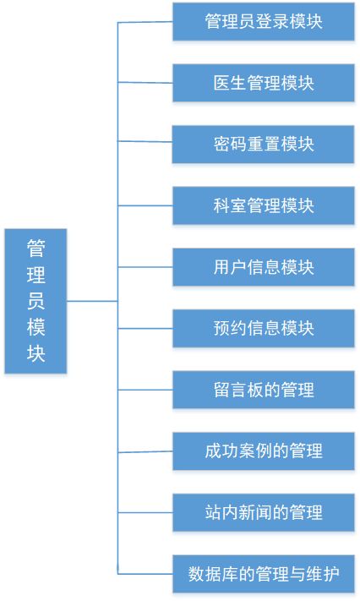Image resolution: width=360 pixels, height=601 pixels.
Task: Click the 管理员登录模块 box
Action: click(264, 21)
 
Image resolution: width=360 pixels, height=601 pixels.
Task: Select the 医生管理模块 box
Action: click(264, 83)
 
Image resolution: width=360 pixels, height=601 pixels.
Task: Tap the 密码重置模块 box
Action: click(263, 144)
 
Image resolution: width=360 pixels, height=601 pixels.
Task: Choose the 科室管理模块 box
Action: click(264, 205)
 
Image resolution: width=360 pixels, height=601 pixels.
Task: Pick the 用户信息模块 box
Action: click(264, 267)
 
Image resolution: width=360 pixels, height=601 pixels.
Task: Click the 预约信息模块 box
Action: click(264, 329)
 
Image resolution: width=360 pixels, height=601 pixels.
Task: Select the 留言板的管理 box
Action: click(264, 390)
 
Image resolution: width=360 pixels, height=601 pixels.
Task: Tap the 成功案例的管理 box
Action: click(264, 451)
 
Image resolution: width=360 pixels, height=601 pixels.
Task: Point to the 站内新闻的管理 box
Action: click(264, 512)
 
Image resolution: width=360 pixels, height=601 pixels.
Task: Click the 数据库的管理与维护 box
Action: click(264, 574)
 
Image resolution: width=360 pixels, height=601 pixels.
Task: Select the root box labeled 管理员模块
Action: click(35, 301)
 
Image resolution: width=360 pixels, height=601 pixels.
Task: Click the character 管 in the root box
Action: click(36, 249)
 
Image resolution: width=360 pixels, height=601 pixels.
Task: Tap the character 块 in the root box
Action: click(36, 352)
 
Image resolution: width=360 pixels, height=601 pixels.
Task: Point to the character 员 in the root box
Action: click(36, 301)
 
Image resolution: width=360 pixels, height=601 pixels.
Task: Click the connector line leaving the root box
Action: click(92, 301)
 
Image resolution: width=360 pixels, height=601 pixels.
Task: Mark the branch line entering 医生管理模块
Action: click(145, 82)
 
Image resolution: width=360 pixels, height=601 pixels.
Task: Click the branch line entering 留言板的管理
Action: click(145, 390)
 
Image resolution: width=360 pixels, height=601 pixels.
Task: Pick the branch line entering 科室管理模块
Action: click(145, 205)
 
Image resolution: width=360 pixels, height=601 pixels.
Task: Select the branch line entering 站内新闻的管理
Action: click(145, 512)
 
